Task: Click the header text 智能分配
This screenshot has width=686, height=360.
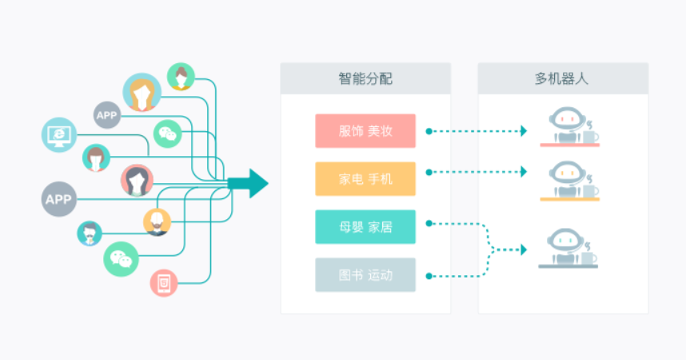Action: tap(365, 79)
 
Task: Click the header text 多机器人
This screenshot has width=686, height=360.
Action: tap(562, 79)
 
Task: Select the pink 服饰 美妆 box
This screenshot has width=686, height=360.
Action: tap(365, 131)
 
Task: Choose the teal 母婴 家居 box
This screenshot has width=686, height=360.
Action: tap(365, 227)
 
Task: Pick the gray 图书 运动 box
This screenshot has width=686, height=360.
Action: tap(365, 275)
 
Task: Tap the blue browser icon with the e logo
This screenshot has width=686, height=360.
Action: tap(58, 135)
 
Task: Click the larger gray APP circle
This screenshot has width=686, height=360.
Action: tap(58, 199)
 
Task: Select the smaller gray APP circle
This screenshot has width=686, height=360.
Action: tap(106, 115)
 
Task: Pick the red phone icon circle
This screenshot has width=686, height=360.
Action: tap(164, 282)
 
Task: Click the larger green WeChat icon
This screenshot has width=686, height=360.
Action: tap(121, 258)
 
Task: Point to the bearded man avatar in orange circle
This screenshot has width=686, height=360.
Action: tap(157, 222)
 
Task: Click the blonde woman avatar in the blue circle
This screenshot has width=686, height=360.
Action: tap(142, 93)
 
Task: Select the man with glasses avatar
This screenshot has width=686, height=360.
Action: tap(90, 234)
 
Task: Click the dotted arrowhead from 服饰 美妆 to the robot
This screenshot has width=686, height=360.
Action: tap(524, 131)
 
